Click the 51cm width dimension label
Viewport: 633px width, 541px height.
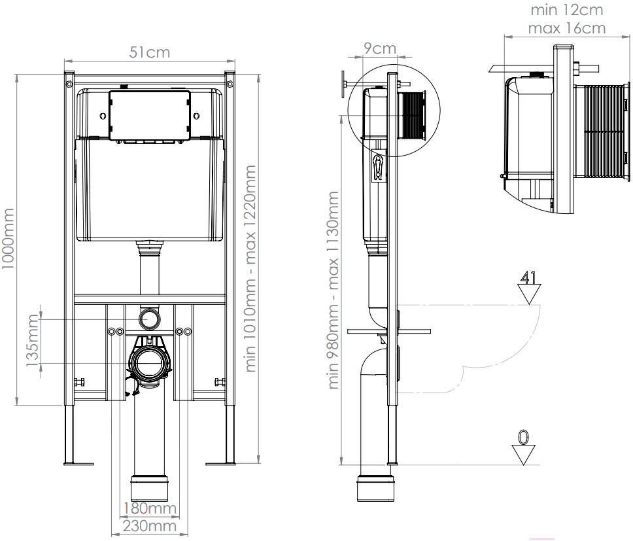click(149, 52)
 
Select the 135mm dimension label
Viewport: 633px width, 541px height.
click(32, 340)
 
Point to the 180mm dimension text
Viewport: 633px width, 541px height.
click(150, 508)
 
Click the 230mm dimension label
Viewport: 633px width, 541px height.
click(150, 526)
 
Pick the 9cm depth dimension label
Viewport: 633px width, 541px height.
click(380, 48)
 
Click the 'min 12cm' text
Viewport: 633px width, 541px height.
click(567, 10)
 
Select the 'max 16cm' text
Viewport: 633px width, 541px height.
click(567, 28)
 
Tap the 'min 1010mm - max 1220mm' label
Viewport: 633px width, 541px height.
click(250, 268)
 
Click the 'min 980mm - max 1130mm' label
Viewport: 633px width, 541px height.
click(334, 290)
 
